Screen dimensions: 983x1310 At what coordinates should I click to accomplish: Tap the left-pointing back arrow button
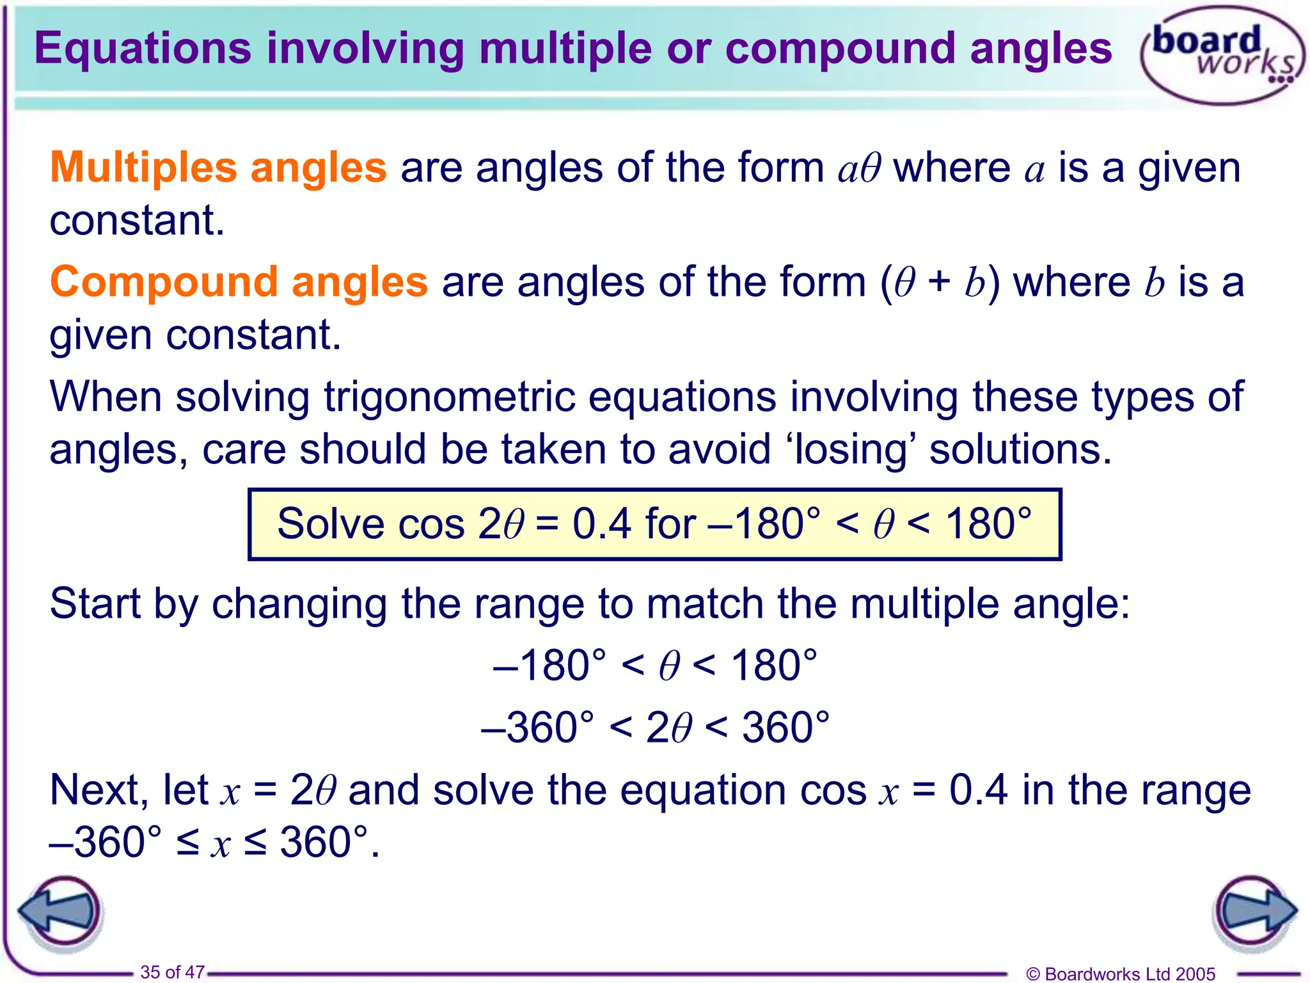[x=61, y=911]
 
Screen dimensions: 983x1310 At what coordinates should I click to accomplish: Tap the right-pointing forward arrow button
[x=1254, y=911]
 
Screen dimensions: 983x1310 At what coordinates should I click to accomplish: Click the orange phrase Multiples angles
[x=218, y=168]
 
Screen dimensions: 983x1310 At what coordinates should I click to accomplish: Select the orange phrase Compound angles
[x=239, y=282]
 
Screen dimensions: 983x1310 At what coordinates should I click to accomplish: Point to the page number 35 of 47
[x=172, y=972]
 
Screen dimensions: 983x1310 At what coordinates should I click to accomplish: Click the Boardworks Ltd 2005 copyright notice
[x=1120, y=973]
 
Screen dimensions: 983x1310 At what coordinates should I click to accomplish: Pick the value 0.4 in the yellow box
[x=601, y=524]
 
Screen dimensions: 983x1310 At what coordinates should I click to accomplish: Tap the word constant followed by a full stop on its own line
[x=137, y=220]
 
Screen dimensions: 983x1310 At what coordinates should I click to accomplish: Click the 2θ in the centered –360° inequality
[x=668, y=728]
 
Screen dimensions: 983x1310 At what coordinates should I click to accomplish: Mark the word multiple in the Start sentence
[x=924, y=603]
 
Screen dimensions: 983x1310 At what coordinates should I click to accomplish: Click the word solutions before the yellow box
[x=1020, y=449]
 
